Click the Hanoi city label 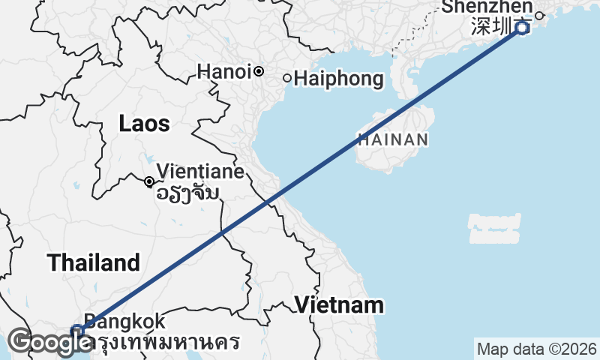click(x=223, y=71)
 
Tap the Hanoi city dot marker click(x=259, y=71)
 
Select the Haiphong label click(x=338, y=78)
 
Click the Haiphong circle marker click(x=286, y=78)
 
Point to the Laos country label click(x=144, y=124)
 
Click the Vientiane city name click(x=200, y=172)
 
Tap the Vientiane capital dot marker click(x=149, y=181)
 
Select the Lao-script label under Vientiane click(x=187, y=193)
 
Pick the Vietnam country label click(x=339, y=305)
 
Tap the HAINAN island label click(x=393, y=139)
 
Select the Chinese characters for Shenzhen click(x=493, y=28)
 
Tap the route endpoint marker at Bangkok click(x=76, y=330)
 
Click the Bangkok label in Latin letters click(x=124, y=322)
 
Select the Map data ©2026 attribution click(x=537, y=349)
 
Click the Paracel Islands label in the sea click(x=493, y=228)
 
